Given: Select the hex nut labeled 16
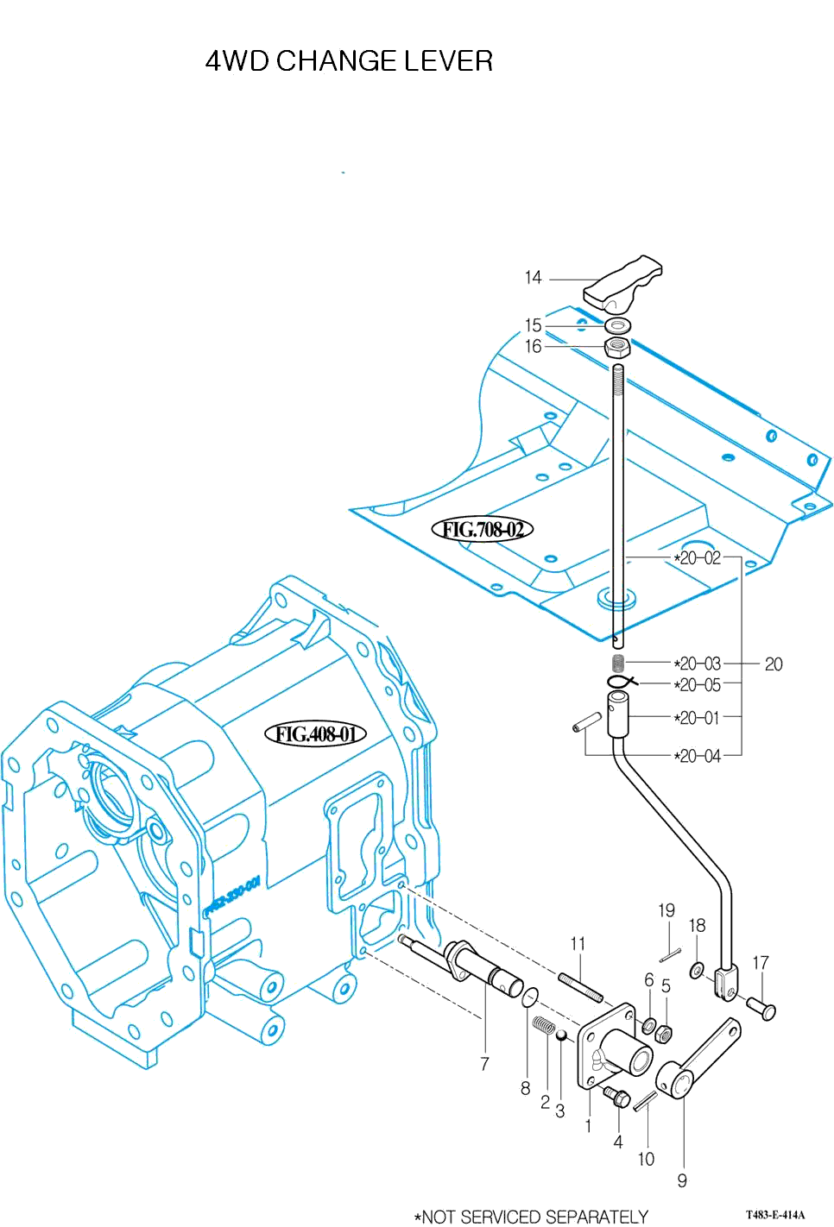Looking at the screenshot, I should (616, 347).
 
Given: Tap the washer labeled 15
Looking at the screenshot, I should (617, 325).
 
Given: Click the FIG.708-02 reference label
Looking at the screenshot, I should (483, 529).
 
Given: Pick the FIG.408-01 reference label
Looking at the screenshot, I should (315, 734).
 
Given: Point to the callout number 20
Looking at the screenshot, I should (774, 664).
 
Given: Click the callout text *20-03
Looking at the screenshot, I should (698, 664).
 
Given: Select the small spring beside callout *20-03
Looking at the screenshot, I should (617, 663).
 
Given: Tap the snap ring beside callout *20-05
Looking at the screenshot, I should (621, 683).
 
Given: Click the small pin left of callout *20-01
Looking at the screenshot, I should (586, 721).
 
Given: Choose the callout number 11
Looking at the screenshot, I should (578, 944).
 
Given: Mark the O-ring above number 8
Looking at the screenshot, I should (530, 997).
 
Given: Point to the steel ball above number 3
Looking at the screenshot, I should (560, 1035).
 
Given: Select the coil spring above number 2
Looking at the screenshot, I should (544, 1027).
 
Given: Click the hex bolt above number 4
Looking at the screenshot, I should (618, 1098).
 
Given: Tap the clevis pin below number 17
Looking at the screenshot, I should (762, 1007).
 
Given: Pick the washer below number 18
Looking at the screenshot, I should (697, 972).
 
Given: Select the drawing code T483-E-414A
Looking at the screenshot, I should (775, 1215).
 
